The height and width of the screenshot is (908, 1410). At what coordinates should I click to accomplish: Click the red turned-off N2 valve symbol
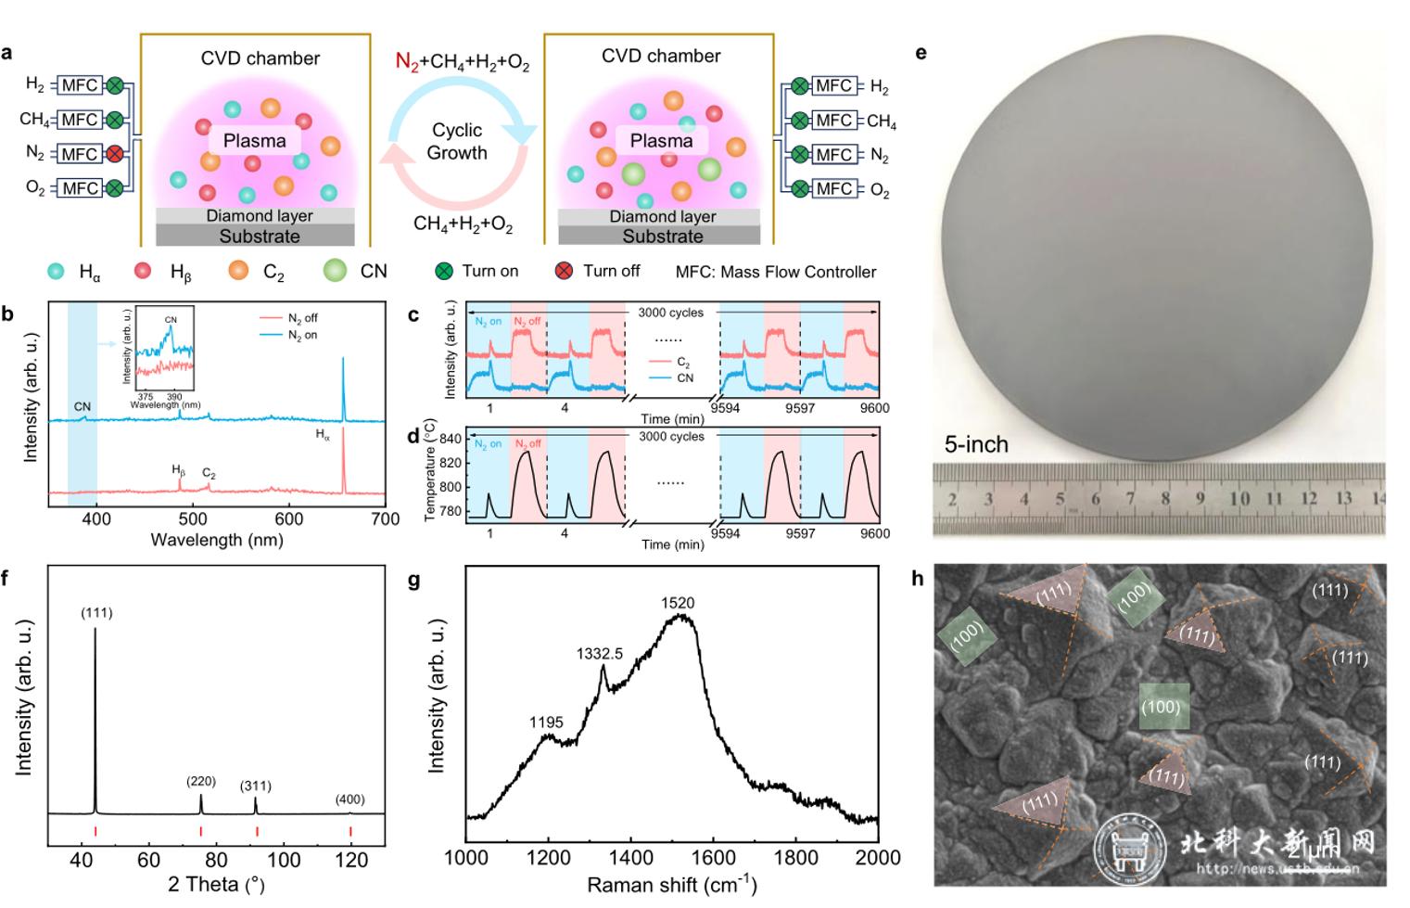[x=114, y=154]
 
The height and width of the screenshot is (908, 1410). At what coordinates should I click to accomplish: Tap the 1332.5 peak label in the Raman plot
[x=599, y=654]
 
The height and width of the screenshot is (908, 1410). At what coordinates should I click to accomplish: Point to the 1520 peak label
[x=678, y=603]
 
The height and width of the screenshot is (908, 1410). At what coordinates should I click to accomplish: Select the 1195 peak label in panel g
[x=547, y=723]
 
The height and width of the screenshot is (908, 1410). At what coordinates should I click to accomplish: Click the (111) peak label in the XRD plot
[x=96, y=612]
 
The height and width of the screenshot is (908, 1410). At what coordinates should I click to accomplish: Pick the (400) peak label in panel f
[x=350, y=799]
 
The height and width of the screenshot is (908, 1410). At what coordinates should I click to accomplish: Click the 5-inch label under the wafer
[x=976, y=444]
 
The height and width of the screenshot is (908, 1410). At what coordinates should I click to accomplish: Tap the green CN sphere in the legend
[x=335, y=271]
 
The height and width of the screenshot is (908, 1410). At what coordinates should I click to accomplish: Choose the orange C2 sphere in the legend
[x=239, y=271]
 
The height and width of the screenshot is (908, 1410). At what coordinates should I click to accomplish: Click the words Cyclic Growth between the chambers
[x=457, y=141]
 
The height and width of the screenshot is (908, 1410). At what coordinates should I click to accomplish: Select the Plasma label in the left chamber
[x=254, y=141]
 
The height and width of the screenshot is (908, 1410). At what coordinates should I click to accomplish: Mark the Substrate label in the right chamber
[x=662, y=237]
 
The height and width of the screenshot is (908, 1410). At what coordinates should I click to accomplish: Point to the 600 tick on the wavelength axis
[x=289, y=519]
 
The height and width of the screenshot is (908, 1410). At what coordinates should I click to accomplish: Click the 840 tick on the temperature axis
[x=449, y=440]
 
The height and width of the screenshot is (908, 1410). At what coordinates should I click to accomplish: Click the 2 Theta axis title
[x=217, y=884]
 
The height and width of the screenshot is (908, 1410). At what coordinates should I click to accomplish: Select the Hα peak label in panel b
[x=323, y=436]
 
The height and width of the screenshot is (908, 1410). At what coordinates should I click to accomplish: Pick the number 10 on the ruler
[x=1239, y=499]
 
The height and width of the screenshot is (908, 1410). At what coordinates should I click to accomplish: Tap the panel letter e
[x=921, y=53]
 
